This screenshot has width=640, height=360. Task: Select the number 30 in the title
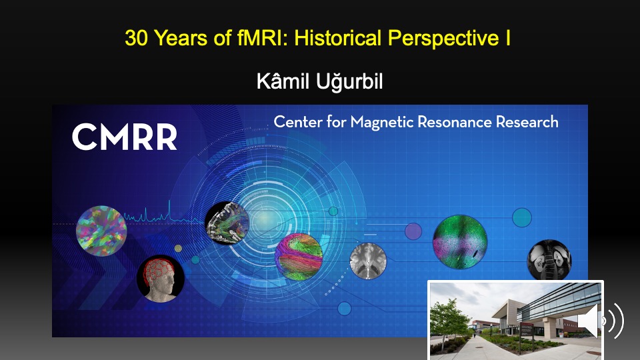coord(137,38)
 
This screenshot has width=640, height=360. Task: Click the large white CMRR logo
coord(125,137)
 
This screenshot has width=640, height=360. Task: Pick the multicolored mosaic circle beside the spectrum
coord(101,231)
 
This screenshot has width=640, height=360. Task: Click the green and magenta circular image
coord(460,241)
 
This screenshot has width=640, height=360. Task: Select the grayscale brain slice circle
coord(368,261)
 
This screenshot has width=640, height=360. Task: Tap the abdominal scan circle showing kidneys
coord(549,260)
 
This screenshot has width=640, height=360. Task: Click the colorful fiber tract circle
coord(299,257)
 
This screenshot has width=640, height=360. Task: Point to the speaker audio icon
coord(601,321)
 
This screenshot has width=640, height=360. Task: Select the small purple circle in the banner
coord(413,231)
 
